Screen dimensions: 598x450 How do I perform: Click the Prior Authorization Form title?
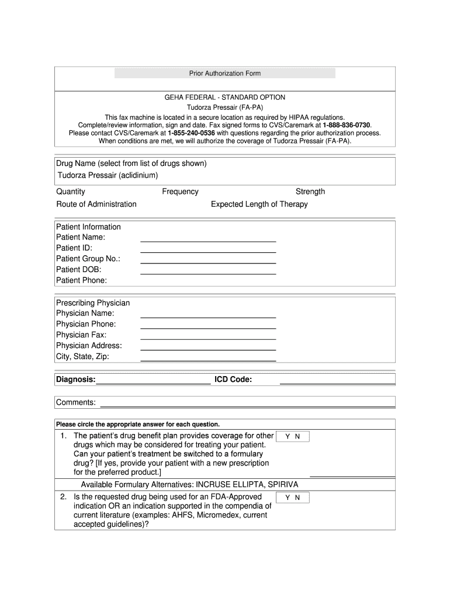pyautogui.click(x=224, y=74)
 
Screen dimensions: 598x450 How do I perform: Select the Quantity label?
pyautogui.click(x=71, y=192)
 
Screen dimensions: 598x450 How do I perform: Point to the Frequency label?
pyautogui.click(x=180, y=192)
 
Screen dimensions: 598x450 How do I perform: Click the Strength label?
pyautogui.click(x=310, y=192)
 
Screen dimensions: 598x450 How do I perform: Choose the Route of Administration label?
pyautogui.click(x=96, y=204)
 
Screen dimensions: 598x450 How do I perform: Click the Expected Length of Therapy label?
pyautogui.click(x=259, y=204)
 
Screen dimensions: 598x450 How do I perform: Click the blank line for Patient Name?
pyautogui.click(x=208, y=240)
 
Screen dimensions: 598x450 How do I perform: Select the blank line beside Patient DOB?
pyautogui.click(x=208, y=273)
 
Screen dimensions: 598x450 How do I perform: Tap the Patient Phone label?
pyautogui.click(x=81, y=280)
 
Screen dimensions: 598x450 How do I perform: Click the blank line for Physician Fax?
pyautogui.click(x=208, y=338)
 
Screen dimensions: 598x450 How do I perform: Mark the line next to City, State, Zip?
pyautogui.click(x=208, y=360)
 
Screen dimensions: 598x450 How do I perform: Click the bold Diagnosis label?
pyautogui.click(x=75, y=380)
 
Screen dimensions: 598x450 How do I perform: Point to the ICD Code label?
pyautogui.click(x=233, y=380)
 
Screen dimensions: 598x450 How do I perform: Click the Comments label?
pyautogui.click(x=76, y=402)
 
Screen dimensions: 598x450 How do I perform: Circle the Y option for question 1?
pyautogui.click(x=288, y=437)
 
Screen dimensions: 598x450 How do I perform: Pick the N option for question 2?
pyautogui.click(x=297, y=498)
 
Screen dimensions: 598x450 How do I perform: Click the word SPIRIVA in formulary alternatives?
pyautogui.click(x=283, y=485)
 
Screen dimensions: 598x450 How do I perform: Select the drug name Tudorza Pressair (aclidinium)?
pyautogui.click(x=108, y=175)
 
